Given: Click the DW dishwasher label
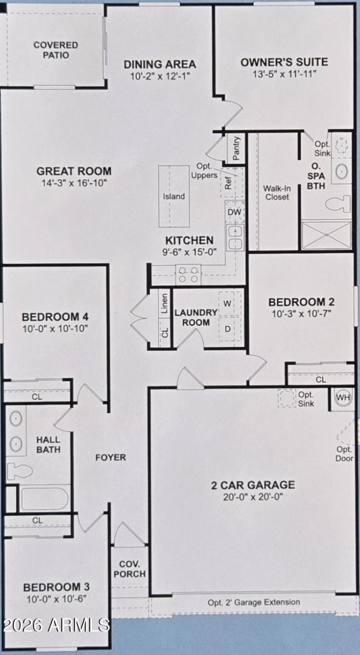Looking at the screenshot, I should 234,212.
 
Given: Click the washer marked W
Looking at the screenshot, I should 228,303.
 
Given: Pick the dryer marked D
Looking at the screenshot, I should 228,329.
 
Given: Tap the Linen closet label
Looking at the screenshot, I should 165,303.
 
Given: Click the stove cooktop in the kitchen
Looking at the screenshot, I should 189,274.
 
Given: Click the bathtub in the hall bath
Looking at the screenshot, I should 44,499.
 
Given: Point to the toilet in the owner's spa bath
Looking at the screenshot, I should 338,203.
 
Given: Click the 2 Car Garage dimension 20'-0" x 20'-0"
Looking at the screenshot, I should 253,497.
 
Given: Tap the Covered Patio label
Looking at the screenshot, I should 56,50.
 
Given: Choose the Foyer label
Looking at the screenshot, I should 111,457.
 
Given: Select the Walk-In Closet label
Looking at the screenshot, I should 277,192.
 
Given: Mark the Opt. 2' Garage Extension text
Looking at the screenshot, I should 254,602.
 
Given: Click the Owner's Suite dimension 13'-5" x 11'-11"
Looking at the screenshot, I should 284,73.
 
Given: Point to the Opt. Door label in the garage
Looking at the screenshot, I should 344,454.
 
